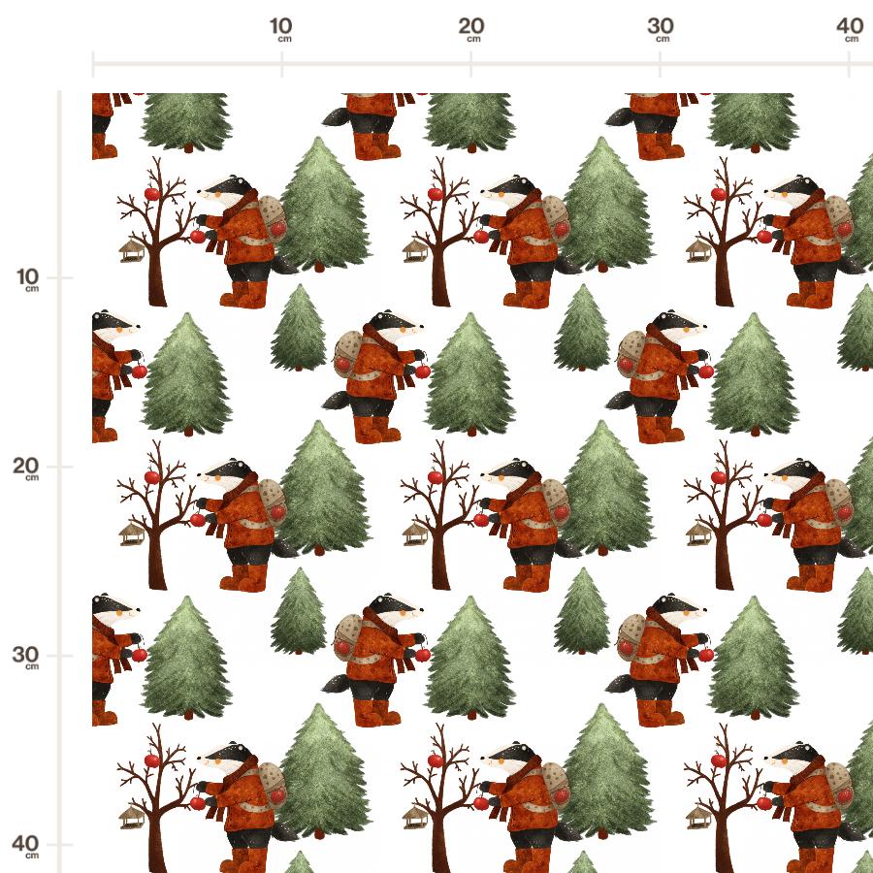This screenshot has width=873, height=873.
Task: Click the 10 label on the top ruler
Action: [280, 25]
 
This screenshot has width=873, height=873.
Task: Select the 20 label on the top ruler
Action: [471, 25]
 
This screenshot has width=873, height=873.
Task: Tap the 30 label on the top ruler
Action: [661, 25]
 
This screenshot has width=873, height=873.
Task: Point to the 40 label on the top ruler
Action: [850, 25]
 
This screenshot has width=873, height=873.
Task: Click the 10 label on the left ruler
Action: [28, 276]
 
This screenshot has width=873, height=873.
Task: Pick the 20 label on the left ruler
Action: [25, 465]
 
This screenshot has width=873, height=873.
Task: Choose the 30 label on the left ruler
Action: [25, 654]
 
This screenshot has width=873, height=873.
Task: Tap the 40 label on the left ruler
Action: [25, 844]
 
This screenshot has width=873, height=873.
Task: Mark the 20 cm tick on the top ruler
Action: [471, 64]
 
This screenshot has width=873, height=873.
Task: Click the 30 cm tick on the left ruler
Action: [66, 656]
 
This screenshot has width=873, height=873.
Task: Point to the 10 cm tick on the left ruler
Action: [66, 277]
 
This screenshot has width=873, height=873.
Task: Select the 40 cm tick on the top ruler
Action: [849, 64]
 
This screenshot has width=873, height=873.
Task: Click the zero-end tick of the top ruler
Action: [93, 64]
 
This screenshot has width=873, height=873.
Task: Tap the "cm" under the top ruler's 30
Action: [663, 39]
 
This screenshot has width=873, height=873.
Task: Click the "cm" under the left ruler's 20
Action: [32, 477]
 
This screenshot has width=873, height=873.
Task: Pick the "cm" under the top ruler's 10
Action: [284, 39]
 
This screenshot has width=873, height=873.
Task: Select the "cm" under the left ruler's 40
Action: [32, 856]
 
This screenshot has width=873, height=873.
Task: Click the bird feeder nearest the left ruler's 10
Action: [132, 251]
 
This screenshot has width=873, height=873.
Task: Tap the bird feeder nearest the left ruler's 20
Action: [132, 534]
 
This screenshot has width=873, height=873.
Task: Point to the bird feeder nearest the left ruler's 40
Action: [132, 818]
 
